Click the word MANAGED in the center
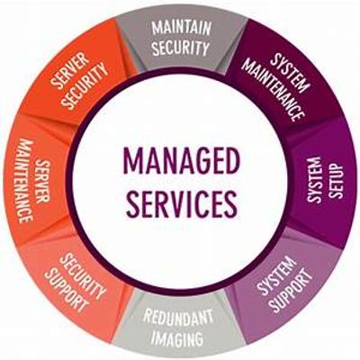(182, 161)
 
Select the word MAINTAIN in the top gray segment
(182, 28)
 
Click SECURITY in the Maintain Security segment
(181, 48)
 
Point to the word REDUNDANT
(178, 319)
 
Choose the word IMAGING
(176, 338)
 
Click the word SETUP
(334, 181)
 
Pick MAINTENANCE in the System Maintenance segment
(274, 90)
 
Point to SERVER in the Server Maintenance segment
(42, 181)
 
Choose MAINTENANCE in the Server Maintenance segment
(25, 181)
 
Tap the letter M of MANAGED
(133, 161)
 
